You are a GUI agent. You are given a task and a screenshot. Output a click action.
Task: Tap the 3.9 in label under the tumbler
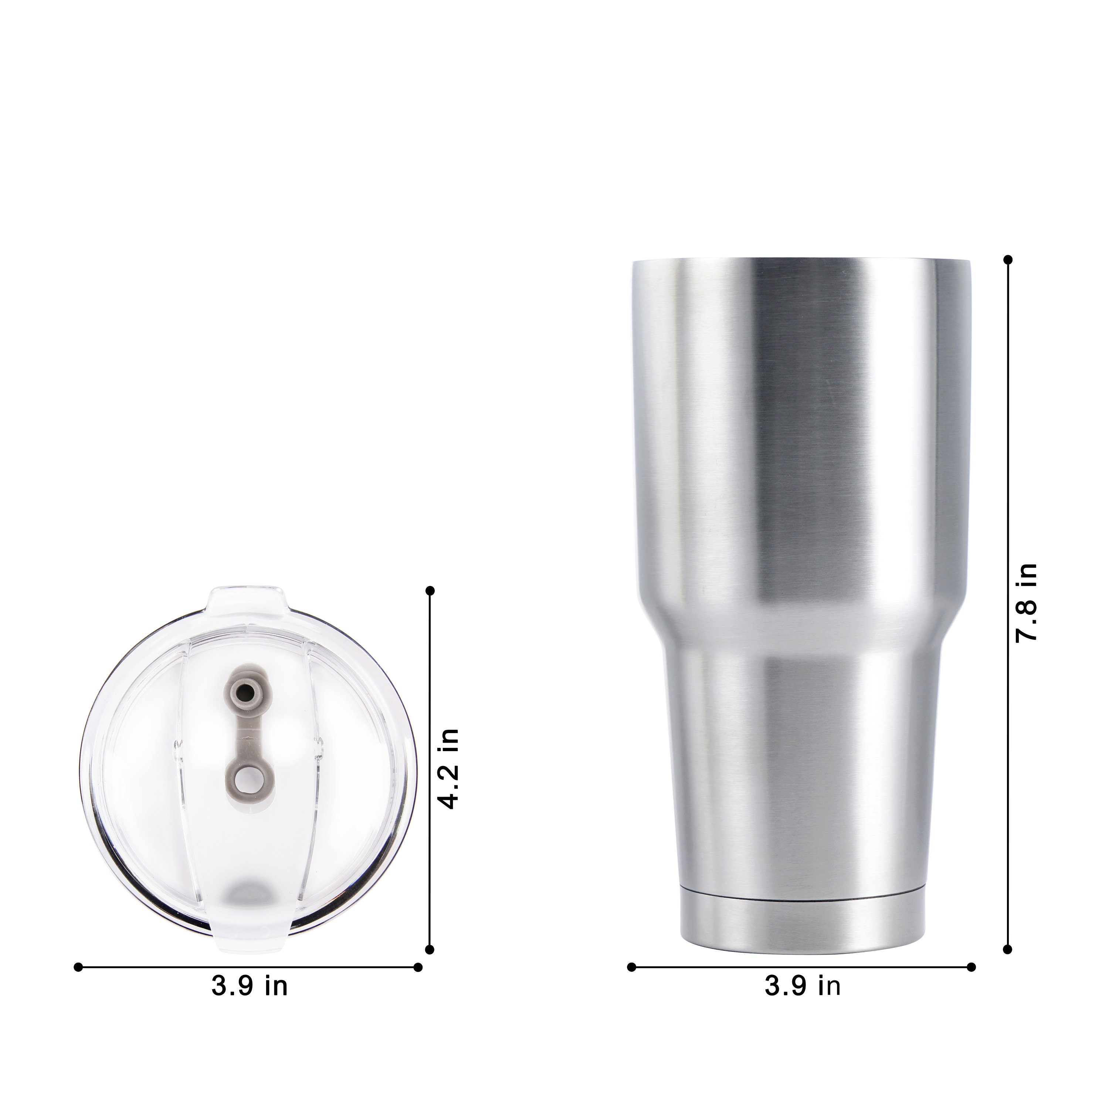[x=803, y=986]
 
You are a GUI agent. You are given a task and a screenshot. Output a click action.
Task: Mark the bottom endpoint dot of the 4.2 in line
[x=431, y=949]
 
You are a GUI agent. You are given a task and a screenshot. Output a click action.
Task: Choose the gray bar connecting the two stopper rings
[x=248, y=735]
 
